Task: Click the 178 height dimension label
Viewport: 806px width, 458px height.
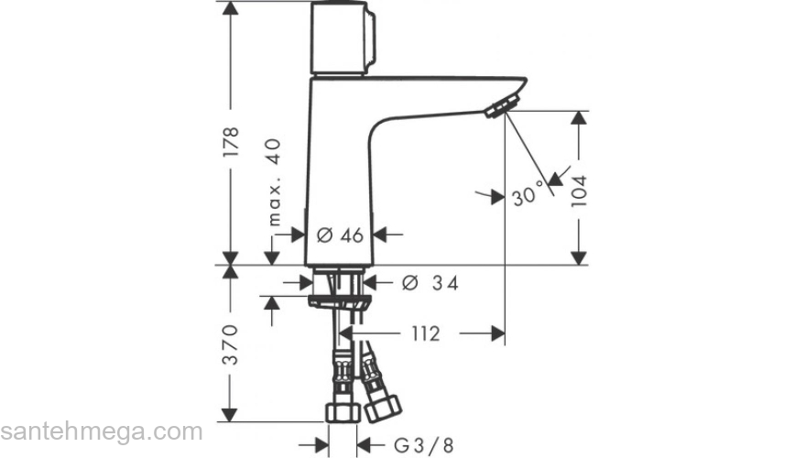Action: (x=232, y=145)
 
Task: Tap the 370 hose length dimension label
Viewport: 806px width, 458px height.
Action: (x=232, y=344)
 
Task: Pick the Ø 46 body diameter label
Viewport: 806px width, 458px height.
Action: (x=341, y=235)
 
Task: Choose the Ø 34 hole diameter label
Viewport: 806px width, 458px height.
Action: (x=430, y=283)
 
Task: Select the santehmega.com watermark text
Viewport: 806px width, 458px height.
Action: (x=101, y=431)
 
